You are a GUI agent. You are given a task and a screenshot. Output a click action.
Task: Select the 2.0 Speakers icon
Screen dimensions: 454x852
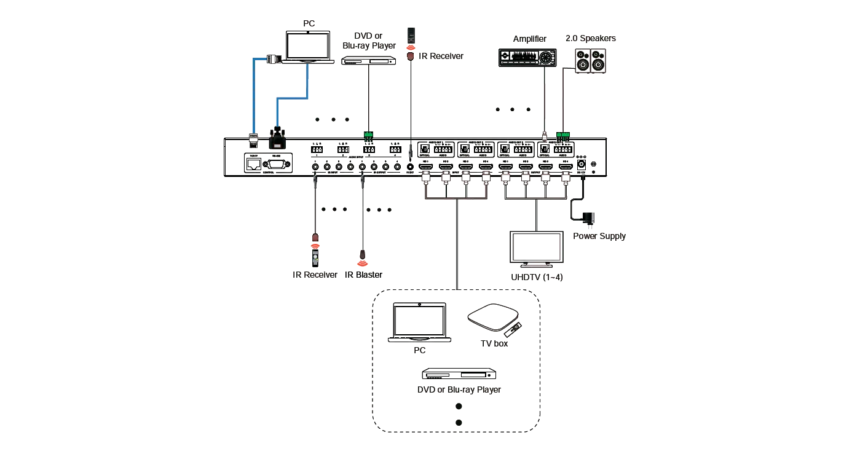point(591,61)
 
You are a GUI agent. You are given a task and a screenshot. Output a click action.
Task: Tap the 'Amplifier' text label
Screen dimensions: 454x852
point(530,39)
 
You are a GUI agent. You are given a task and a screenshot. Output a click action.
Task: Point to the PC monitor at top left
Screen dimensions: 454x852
point(309,45)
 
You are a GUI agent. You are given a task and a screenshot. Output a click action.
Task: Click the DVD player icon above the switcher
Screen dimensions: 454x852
point(369,60)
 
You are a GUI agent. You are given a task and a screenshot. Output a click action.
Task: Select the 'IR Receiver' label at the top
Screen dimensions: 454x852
point(441,56)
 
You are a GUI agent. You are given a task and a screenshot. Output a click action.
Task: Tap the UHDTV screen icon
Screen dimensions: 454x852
point(534,248)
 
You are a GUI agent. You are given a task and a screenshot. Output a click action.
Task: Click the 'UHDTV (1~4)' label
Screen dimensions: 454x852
point(537,276)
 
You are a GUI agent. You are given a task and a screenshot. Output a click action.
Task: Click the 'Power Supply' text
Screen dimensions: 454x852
point(600,236)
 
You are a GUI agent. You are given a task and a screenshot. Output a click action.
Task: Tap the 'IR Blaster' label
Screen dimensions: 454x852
point(364,275)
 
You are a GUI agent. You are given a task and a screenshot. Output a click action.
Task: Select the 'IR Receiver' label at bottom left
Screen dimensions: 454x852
point(314,275)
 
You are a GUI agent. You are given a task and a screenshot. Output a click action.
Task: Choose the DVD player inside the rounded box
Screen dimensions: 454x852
point(457,375)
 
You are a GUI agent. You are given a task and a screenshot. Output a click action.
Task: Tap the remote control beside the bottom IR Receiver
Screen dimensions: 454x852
point(315,257)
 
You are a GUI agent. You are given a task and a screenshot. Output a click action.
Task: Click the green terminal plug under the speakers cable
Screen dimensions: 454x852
point(562,132)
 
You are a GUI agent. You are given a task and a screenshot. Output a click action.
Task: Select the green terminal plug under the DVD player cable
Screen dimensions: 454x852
point(369,133)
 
